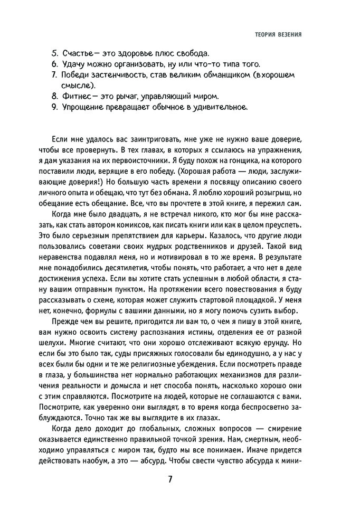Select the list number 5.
[x=54, y=54]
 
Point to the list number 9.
[x=54, y=107]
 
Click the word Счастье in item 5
[x=79, y=54]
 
